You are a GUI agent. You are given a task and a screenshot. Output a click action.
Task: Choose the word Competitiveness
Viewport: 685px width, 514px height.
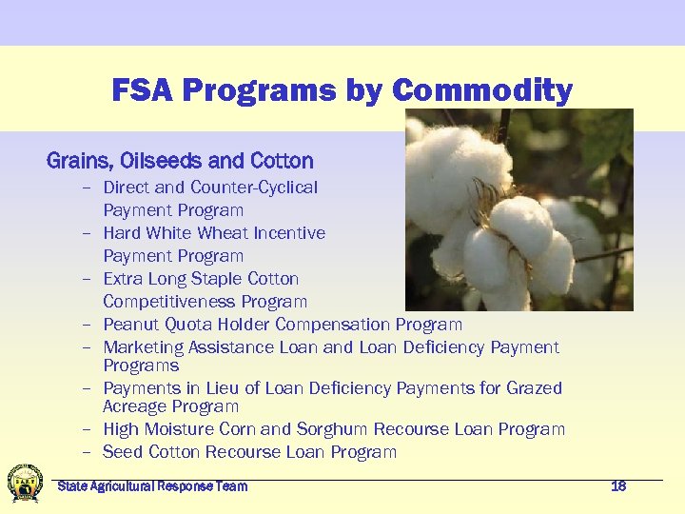[169, 302]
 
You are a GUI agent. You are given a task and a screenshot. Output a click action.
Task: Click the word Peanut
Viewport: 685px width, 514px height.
[129, 325]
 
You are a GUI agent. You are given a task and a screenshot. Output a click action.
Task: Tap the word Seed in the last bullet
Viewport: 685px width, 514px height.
[122, 452]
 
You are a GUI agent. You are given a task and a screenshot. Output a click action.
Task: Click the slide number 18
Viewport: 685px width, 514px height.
[618, 486]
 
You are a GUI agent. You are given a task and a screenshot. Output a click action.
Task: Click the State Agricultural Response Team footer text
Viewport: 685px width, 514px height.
[152, 486]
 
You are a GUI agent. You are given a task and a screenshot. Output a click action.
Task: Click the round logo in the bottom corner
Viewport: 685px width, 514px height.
[25, 484]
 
